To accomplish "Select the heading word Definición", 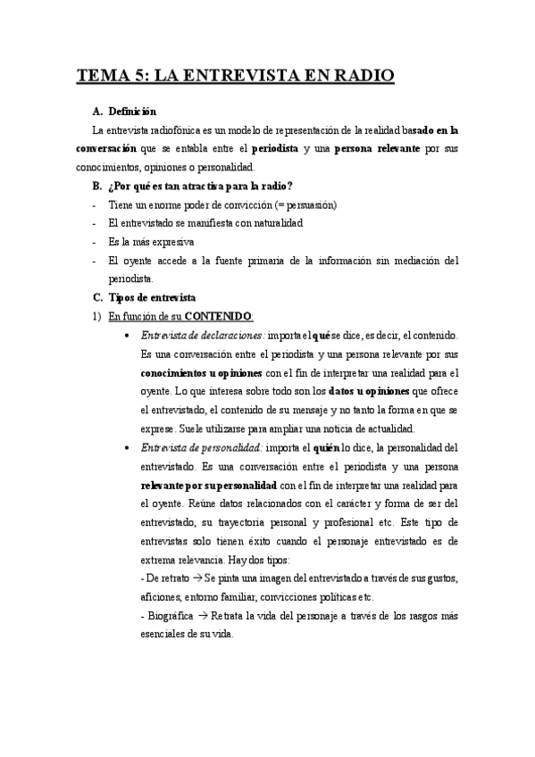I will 132,112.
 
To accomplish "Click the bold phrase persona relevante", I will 377,148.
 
